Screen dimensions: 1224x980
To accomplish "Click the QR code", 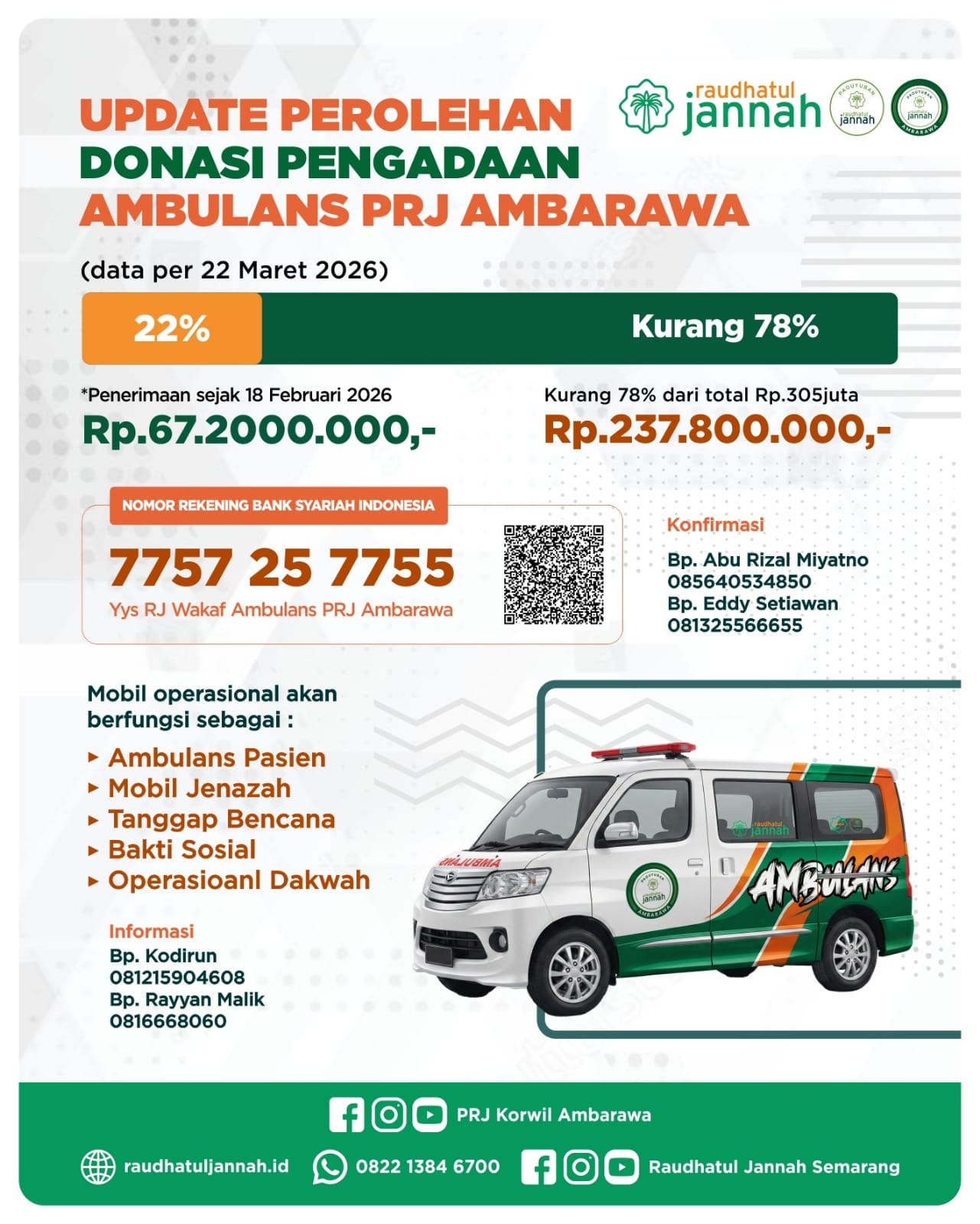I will pyautogui.click(x=553, y=575).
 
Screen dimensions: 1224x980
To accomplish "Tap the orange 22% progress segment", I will pyautogui.click(x=171, y=328).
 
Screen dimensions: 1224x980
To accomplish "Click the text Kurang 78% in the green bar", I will pyautogui.click(x=724, y=327).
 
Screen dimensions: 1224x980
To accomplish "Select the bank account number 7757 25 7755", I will pyautogui.click(x=282, y=568).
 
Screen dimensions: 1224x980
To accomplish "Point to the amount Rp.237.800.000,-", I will pyautogui.click(x=717, y=429).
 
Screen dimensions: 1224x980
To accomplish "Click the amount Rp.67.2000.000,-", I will pyautogui.click(x=259, y=429).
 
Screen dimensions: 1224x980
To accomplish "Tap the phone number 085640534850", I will pyautogui.click(x=738, y=581).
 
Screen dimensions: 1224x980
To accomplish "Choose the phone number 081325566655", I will pyautogui.click(x=734, y=625).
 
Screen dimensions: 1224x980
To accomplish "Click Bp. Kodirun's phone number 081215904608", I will pyautogui.click(x=177, y=977).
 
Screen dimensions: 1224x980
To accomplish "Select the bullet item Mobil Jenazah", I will pyautogui.click(x=199, y=788).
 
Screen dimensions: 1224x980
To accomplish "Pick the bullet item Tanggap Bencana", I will pyautogui.click(x=221, y=819).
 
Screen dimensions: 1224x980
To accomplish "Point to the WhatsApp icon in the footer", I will pyautogui.click(x=330, y=1167).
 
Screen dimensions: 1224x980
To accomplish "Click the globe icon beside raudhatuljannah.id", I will pyautogui.click(x=98, y=1167).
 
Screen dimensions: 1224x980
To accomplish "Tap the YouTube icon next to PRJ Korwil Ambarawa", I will pyautogui.click(x=429, y=1115).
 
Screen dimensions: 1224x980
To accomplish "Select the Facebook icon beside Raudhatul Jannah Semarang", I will pyautogui.click(x=538, y=1167).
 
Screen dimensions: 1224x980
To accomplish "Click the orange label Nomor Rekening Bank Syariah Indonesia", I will pyautogui.click(x=278, y=505).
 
